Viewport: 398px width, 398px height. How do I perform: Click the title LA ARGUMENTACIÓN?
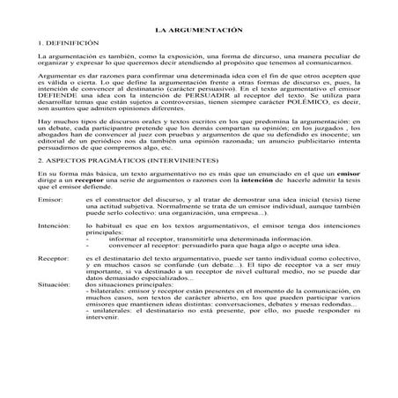pyautogui.click(x=199, y=29)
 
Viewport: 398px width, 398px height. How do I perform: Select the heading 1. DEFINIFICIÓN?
pyautogui.click(x=66, y=42)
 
